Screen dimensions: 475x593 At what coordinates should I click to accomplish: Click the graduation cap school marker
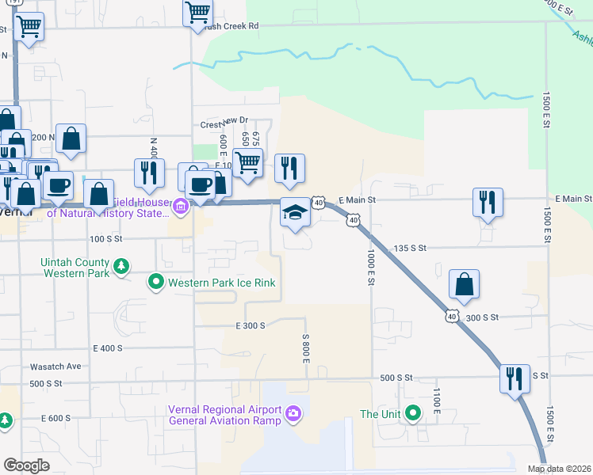295,212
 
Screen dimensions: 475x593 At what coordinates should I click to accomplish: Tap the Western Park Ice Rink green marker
156,281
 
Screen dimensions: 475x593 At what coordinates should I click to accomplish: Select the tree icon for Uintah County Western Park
121,265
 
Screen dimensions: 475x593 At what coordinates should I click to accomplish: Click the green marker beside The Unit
412,413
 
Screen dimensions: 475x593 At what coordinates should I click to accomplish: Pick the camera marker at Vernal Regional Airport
293,413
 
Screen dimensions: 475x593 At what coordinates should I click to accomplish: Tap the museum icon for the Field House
181,208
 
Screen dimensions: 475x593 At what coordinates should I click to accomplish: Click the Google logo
27,465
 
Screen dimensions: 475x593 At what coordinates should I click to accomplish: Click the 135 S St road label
410,248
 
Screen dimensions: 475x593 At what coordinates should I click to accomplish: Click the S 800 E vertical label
305,348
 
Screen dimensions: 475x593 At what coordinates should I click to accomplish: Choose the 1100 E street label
436,398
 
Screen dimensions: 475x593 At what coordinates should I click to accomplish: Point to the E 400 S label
108,348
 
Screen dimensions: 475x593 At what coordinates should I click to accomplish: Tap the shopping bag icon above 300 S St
464,284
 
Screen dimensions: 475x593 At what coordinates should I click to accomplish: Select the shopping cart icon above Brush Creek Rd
197,13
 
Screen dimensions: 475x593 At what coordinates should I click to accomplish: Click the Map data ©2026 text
559,469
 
